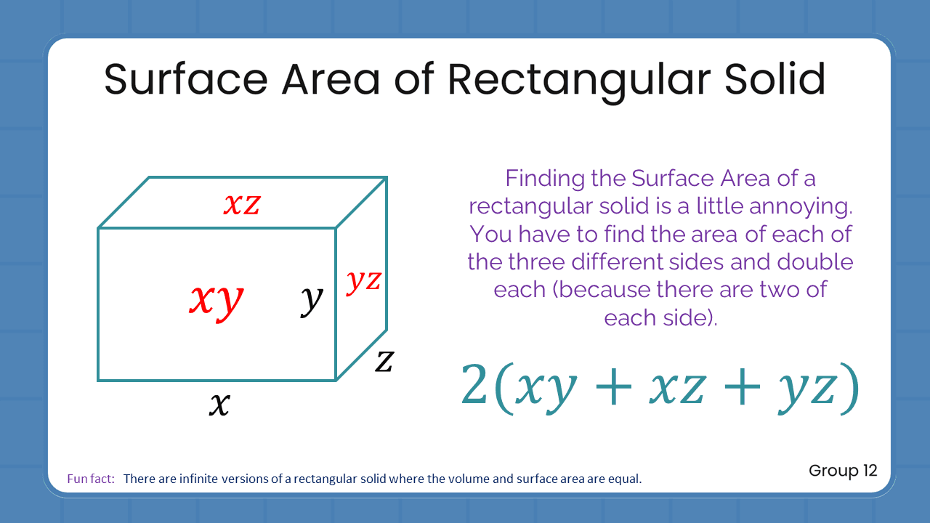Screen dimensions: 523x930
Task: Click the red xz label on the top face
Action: [x=241, y=204]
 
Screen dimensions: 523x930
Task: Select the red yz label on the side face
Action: [x=363, y=280]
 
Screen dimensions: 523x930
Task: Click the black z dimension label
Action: [x=384, y=360]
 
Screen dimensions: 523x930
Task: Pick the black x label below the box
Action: [x=219, y=404]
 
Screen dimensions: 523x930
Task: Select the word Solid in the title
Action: [x=775, y=79]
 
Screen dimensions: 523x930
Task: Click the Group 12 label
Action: [x=843, y=471]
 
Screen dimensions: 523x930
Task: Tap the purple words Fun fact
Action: [x=91, y=479]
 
